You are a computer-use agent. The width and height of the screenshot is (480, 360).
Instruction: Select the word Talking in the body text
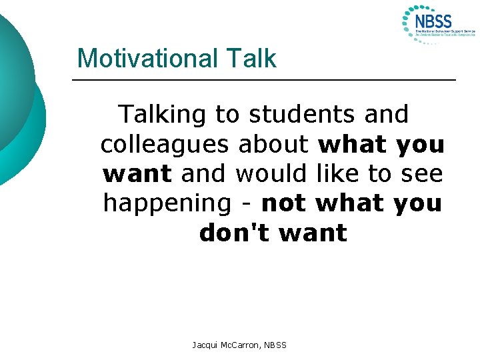(163, 115)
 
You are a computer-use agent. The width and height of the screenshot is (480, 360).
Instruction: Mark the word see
(422, 174)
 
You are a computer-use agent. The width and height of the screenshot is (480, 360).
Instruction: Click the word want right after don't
(313, 233)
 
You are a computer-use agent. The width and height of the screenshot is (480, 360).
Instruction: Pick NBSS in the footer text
(275, 345)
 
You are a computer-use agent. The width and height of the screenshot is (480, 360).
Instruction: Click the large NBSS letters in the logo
(433, 21)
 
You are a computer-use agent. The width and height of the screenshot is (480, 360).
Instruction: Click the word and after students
(387, 115)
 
